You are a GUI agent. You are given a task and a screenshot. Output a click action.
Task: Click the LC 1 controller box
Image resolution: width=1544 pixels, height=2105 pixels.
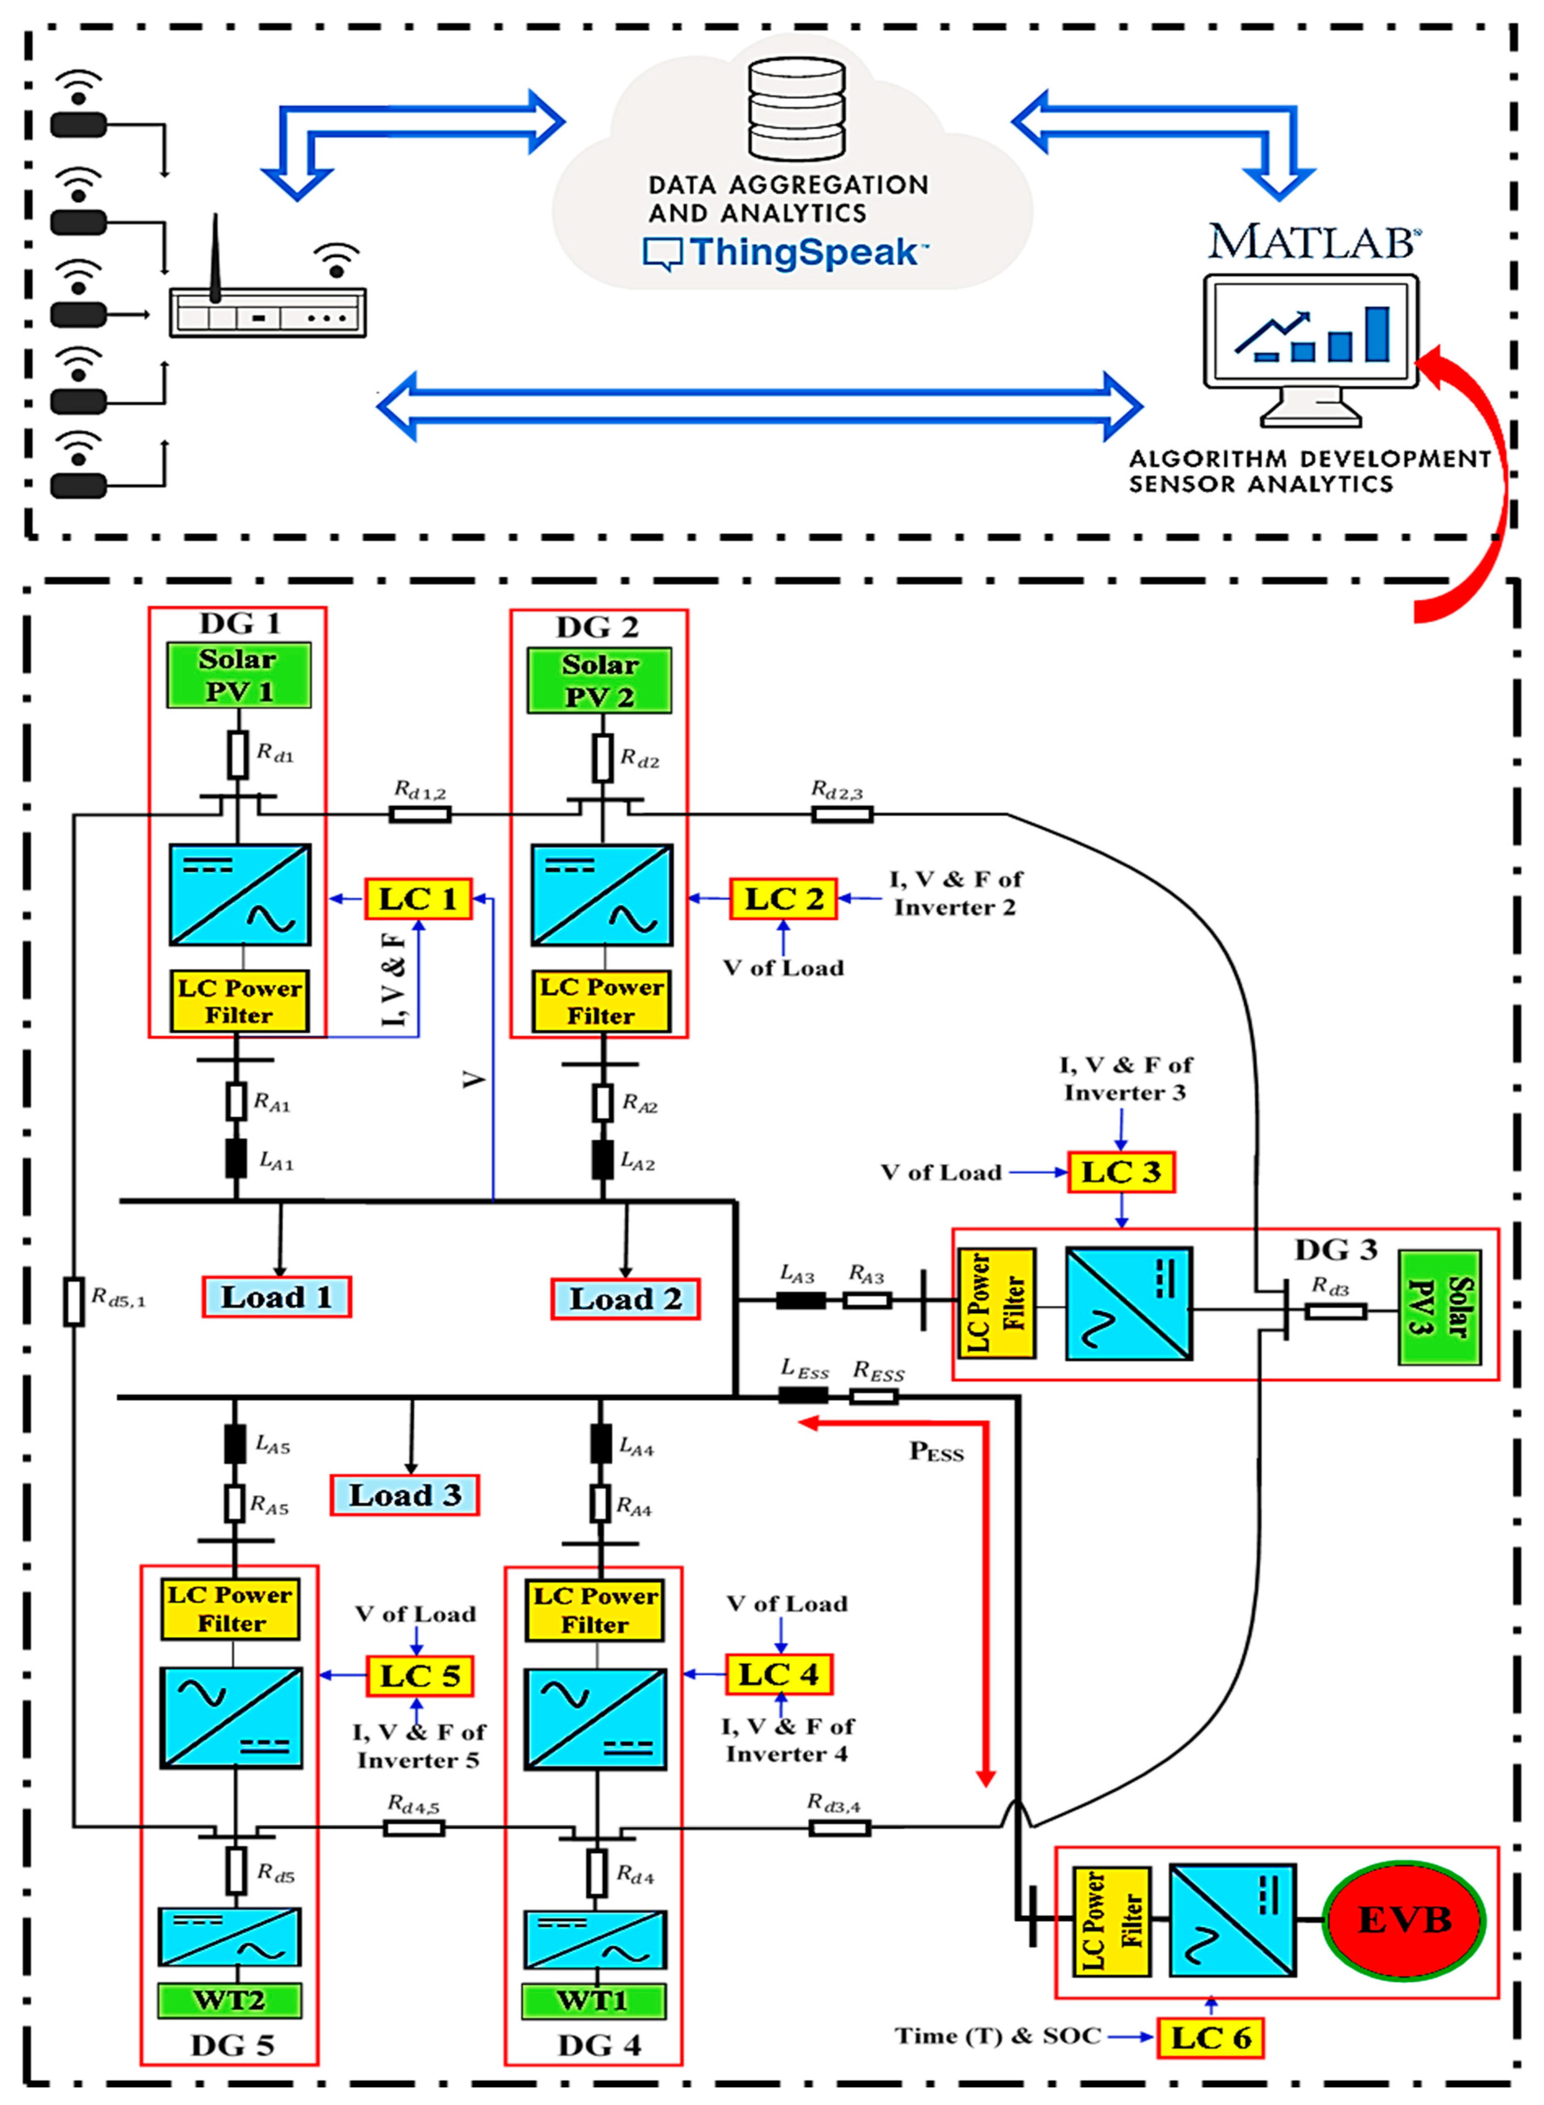point(418,899)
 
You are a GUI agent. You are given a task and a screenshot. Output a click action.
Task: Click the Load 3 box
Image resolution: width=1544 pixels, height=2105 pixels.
point(405,1495)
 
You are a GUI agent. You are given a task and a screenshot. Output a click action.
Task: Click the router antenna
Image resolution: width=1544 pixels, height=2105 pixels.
point(215,257)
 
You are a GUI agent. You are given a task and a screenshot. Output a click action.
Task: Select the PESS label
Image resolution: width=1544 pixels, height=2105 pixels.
point(936,1452)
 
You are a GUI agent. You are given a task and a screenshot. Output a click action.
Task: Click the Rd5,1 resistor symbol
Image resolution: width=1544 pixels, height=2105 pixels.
point(74,1302)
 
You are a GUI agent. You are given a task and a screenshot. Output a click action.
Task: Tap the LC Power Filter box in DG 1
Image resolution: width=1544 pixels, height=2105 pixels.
point(239,1002)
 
